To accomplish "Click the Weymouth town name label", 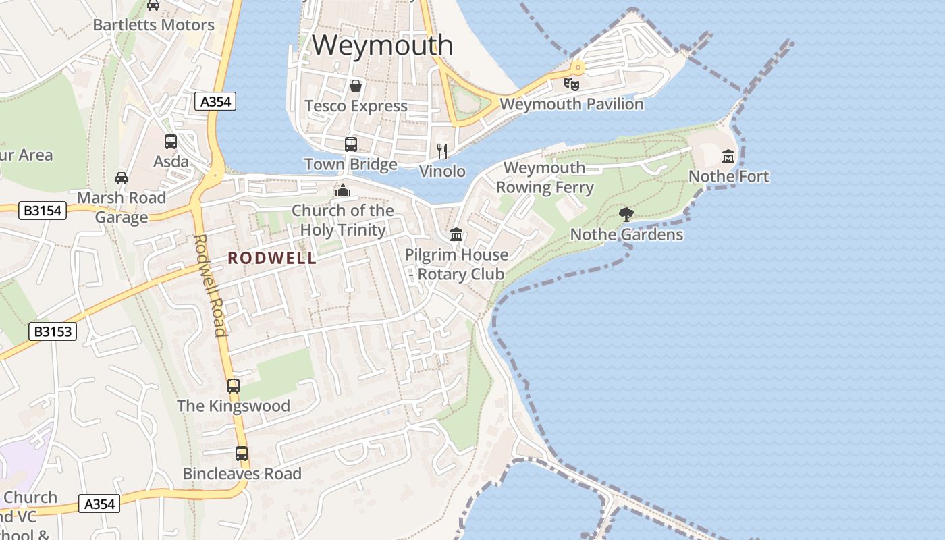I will click(382, 45).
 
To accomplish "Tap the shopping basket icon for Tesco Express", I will click(356, 86).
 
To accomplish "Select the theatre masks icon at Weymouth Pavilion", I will click(572, 84).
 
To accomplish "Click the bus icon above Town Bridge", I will click(351, 144).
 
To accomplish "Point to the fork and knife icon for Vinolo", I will click(442, 151).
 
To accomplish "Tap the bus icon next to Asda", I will click(171, 142).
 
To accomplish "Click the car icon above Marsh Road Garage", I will click(122, 178).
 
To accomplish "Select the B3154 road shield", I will click(42, 211).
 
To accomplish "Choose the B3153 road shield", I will click(53, 331).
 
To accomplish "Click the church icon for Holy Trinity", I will click(343, 190).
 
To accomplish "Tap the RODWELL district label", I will click(272, 258).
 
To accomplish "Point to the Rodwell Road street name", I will click(210, 285).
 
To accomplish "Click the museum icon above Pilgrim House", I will click(456, 234).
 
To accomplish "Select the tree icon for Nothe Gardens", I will click(626, 215).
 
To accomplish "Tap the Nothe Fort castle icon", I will click(728, 157).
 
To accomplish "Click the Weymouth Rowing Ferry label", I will click(545, 178).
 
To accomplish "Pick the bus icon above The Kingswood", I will click(234, 386).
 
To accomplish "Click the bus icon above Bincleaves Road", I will click(242, 454).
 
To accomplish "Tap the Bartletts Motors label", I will click(153, 25).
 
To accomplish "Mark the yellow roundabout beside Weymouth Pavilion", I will click(578, 67).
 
